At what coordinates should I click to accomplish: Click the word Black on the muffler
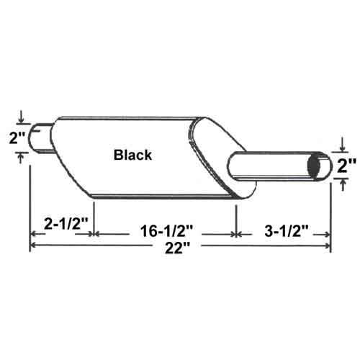[132, 154]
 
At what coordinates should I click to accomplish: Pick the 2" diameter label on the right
[348, 166]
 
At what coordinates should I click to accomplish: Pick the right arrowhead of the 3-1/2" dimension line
[328, 233]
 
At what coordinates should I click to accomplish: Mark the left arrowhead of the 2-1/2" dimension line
[33, 233]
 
